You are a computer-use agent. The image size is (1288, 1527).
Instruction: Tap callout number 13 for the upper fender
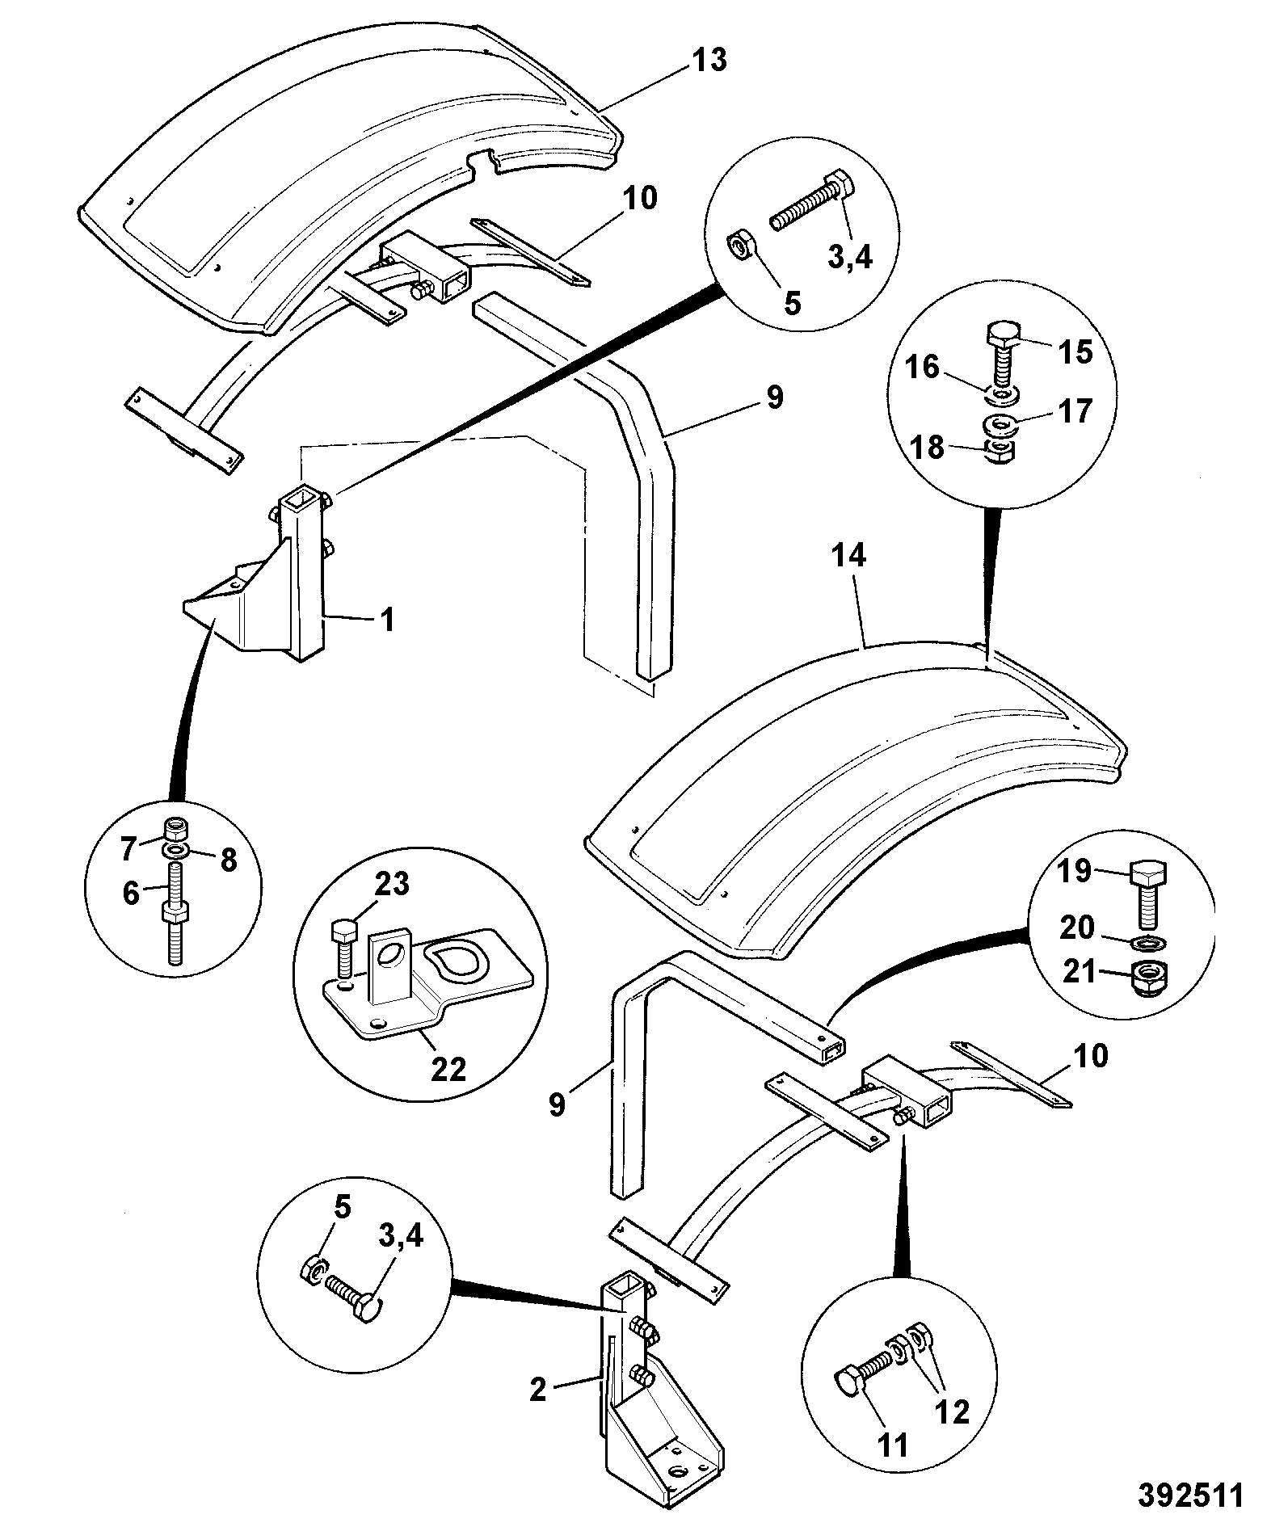coord(709,60)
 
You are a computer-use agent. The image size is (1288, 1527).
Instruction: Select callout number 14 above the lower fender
coord(848,555)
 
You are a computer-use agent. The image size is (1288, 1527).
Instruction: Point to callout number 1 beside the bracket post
coord(387,620)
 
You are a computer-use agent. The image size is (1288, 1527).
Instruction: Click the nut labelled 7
coord(176,829)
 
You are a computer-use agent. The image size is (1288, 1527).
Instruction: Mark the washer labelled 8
coord(176,852)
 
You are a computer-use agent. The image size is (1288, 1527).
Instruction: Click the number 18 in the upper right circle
coord(928,446)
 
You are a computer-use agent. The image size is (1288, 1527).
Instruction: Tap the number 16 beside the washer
coord(923,368)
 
